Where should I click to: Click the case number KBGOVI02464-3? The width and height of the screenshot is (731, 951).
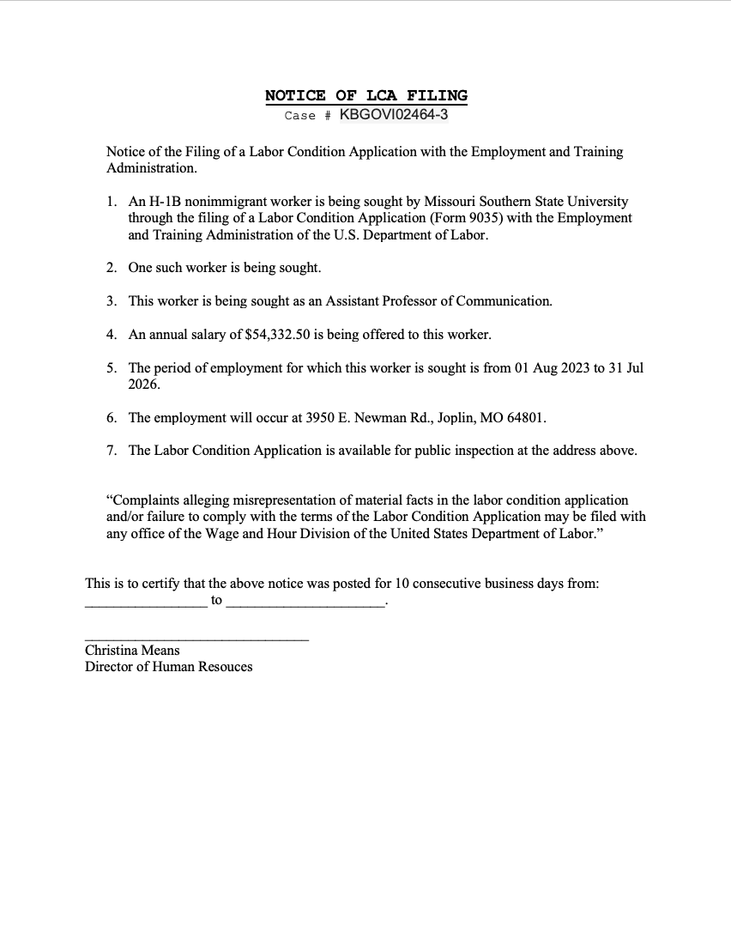coord(394,115)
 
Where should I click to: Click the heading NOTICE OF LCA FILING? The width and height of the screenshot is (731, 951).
coord(366,95)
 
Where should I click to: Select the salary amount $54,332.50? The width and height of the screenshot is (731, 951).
coord(277,334)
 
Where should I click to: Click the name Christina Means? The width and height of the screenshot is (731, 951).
coord(132,651)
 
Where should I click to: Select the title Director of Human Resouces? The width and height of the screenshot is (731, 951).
coord(168,667)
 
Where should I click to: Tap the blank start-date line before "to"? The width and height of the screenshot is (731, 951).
coord(146,605)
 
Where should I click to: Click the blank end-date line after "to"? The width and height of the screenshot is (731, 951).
coord(305,605)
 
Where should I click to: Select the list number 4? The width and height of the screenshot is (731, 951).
coord(112,334)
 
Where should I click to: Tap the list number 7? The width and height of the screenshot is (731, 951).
coord(112,451)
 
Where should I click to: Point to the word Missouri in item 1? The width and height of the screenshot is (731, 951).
coord(452,202)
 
